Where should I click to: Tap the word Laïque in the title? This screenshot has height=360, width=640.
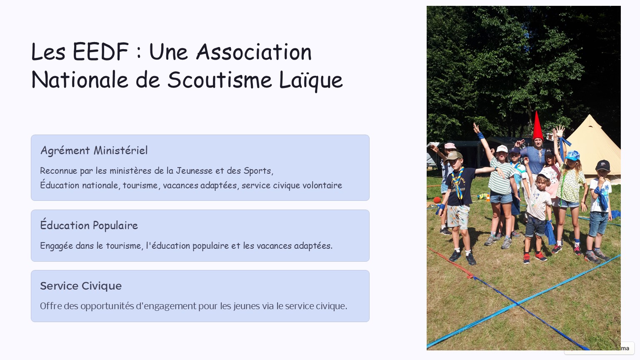310,80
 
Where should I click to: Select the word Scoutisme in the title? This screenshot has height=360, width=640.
220,80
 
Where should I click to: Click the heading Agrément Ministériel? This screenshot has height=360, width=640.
94,150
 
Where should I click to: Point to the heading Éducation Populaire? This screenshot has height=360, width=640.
89,225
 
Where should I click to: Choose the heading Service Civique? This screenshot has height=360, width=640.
81,286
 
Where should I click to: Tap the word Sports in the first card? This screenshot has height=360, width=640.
258,171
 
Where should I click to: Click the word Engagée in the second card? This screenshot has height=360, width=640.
56,246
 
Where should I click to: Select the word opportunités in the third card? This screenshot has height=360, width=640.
107,306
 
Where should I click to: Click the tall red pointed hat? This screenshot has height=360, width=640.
537,126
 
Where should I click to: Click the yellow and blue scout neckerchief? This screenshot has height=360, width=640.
458,183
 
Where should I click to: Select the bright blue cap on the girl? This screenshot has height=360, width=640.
572,155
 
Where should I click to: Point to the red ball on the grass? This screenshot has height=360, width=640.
437,200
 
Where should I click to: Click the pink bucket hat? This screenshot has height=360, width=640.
450,146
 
